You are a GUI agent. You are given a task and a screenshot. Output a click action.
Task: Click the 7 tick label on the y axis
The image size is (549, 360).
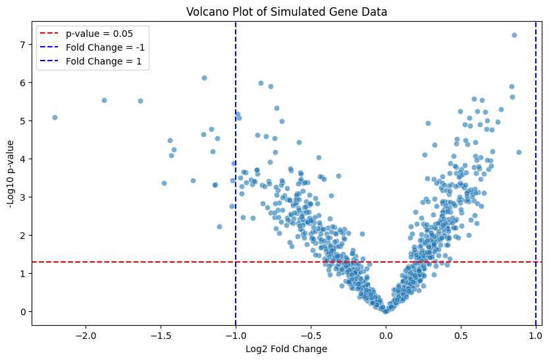coord(22,45)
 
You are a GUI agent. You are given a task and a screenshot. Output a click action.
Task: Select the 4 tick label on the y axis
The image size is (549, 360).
coord(22,159)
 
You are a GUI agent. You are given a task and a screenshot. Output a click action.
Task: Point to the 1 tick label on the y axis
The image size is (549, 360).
coord(22,274)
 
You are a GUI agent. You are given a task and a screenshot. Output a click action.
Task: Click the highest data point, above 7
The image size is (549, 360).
coord(514,36)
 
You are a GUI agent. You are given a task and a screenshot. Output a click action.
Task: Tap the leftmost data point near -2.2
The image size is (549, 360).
coord(55,118)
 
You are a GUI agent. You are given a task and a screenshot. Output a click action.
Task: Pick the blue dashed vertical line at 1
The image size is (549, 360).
coord(535,197)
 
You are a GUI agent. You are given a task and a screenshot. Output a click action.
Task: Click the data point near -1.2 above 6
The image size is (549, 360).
coord(204,78)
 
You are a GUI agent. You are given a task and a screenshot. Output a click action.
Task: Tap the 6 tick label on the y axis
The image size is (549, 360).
coord(22,83)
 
